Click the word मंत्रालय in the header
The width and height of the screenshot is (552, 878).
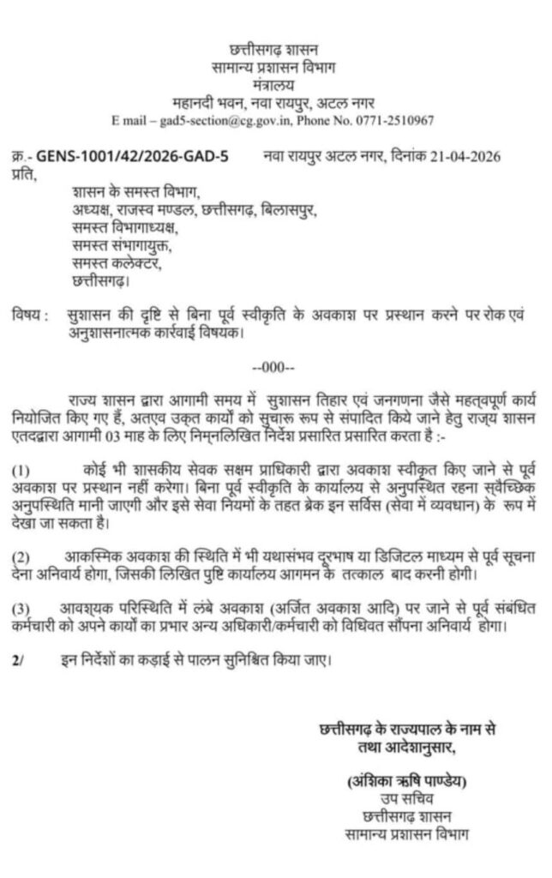click(273, 87)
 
